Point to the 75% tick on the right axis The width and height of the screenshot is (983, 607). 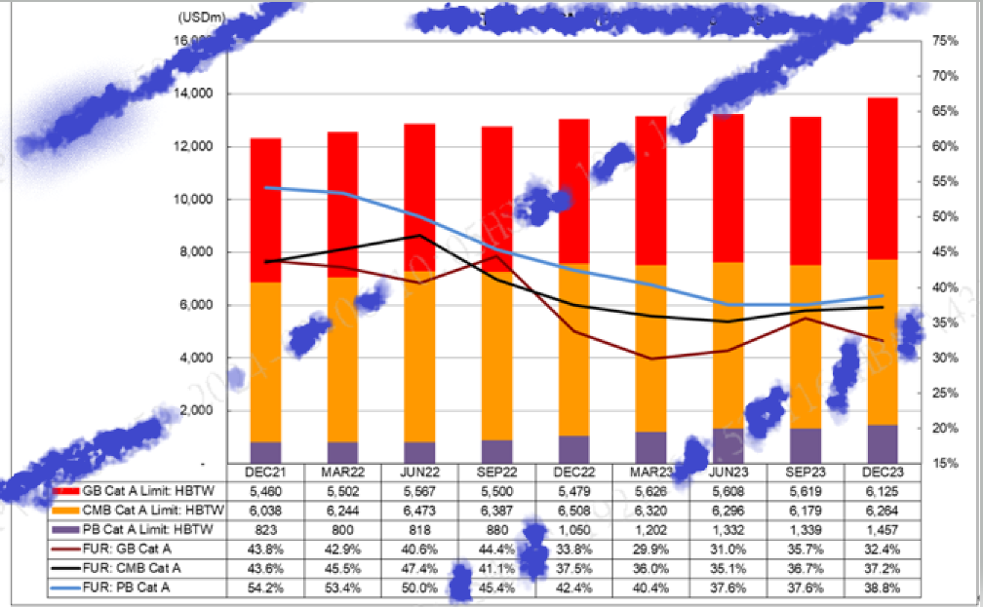pyautogui.click(x=945, y=41)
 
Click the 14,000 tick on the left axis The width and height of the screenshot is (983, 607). pyautogui.click(x=196, y=94)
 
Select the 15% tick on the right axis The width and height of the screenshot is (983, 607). pyautogui.click(x=945, y=463)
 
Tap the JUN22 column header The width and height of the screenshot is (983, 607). pyautogui.click(x=419, y=473)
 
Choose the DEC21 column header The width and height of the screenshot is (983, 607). pyautogui.click(x=265, y=473)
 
